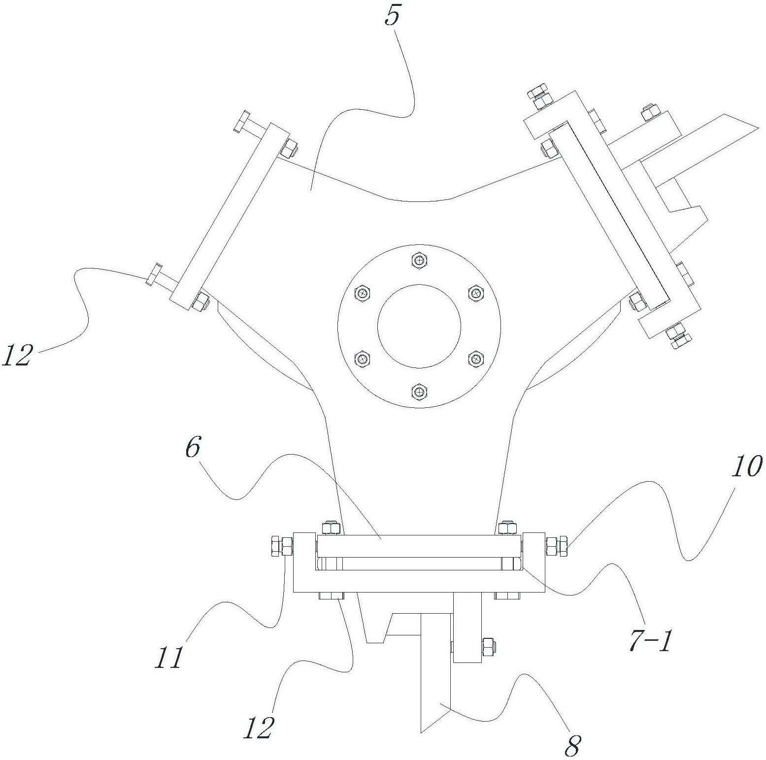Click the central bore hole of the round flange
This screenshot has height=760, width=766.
pyautogui.click(x=419, y=326)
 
